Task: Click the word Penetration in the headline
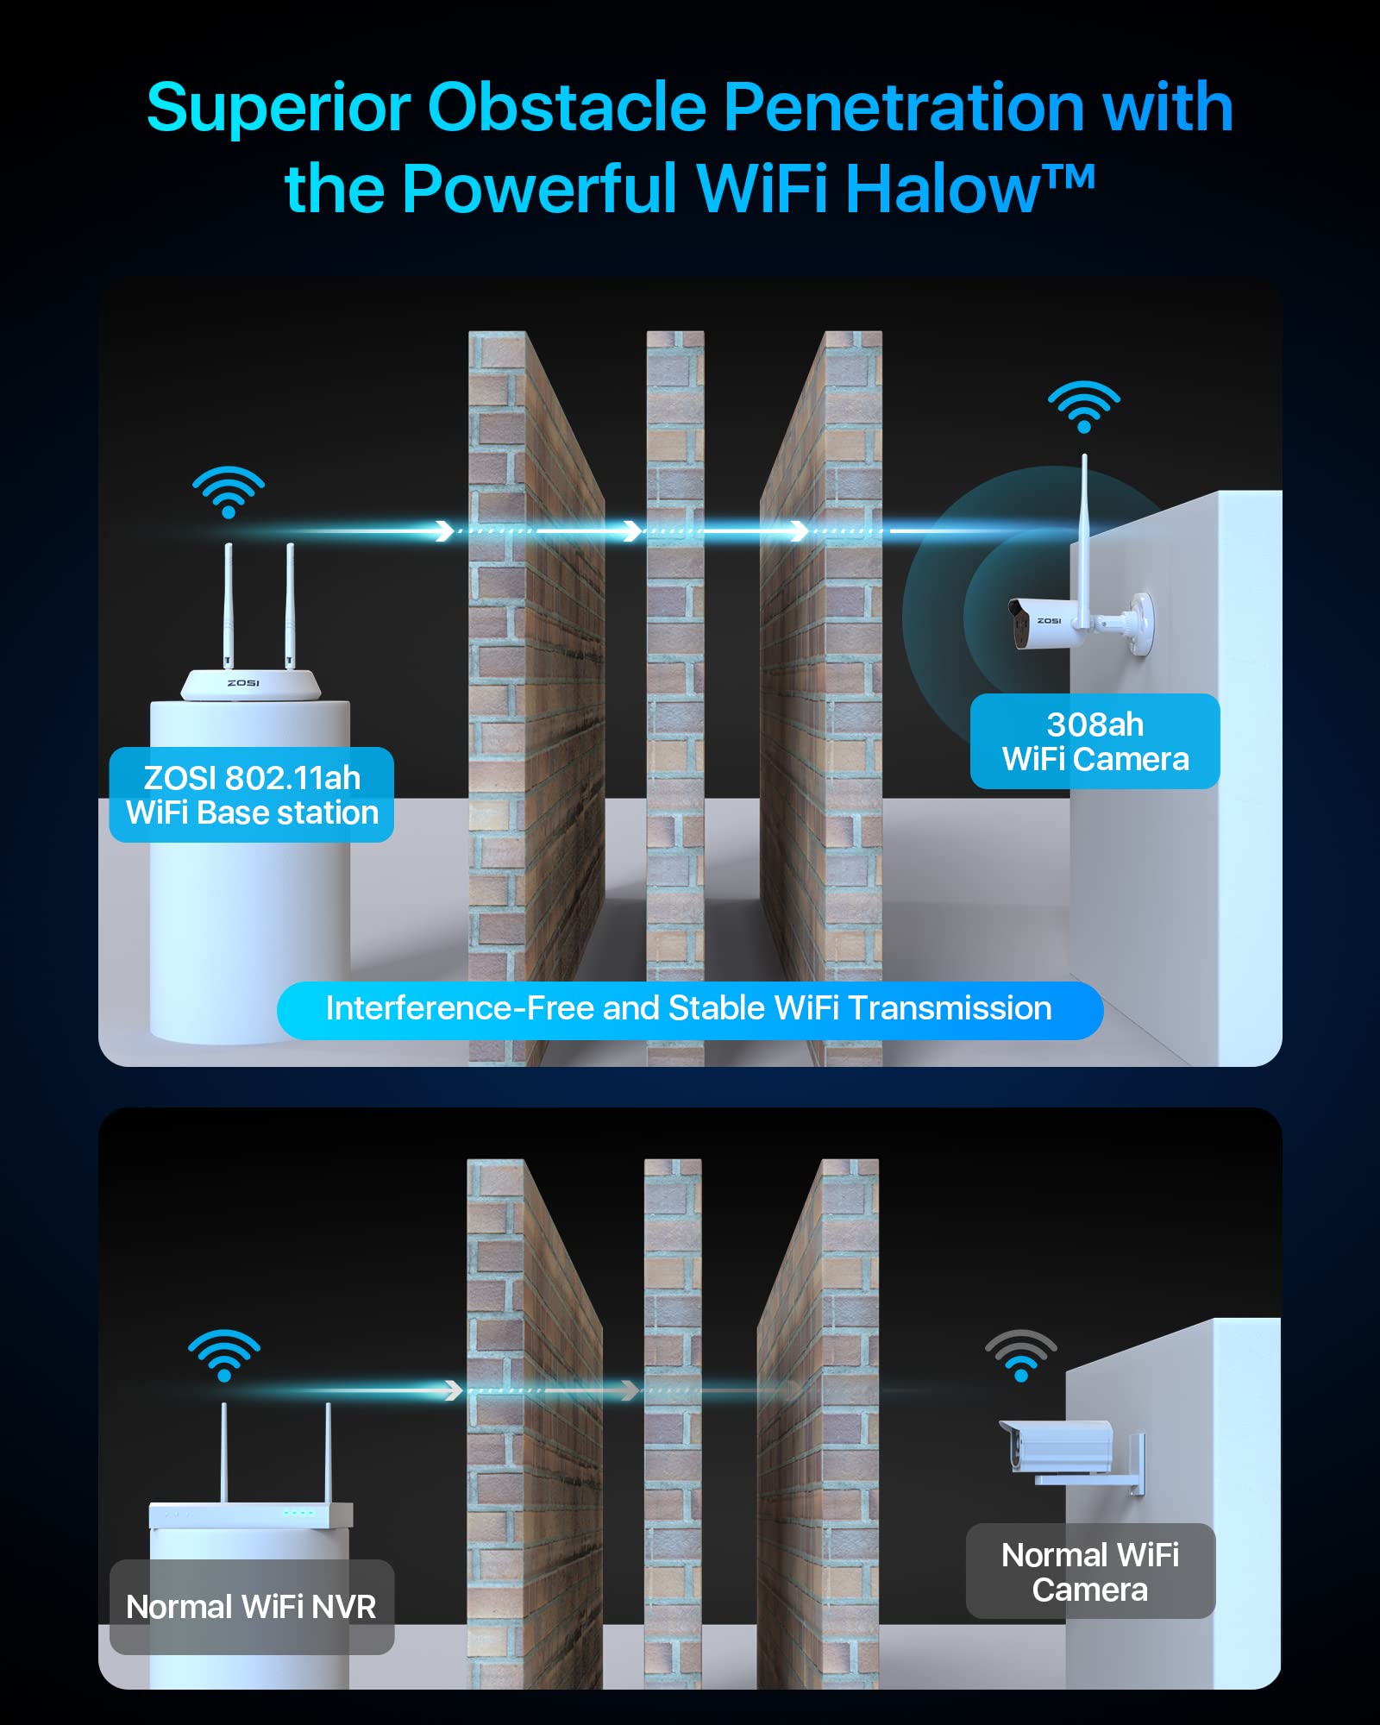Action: coord(904,107)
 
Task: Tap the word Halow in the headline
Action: coord(944,188)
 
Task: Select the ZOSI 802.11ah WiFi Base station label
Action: coord(252,794)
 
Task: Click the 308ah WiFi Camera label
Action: coord(1095,741)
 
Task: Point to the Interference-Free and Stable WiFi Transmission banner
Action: coord(690,1009)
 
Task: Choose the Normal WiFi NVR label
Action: coord(252,1607)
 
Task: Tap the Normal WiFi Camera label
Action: coord(1090,1571)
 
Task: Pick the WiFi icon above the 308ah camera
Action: coord(1084,406)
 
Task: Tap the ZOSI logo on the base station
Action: coord(243,683)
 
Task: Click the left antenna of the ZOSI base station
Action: coord(229,605)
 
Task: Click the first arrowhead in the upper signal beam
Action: coord(444,530)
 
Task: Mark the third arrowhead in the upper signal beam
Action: coord(800,530)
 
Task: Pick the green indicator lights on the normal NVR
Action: coord(299,1512)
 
